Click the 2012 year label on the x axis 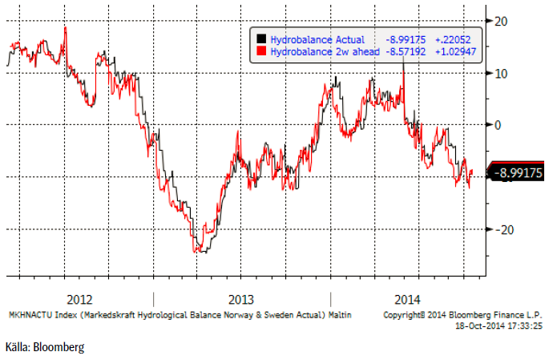(x=79, y=300)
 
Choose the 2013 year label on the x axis (x=243, y=300)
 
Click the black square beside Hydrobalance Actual (x=260, y=39)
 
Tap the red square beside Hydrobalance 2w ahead (x=260, y=51)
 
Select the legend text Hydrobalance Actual (x=317, y=39)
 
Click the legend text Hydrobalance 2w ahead (x=323, y=51)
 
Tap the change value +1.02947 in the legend (x=452, y=51)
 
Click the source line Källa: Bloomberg (x=43, y=347)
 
